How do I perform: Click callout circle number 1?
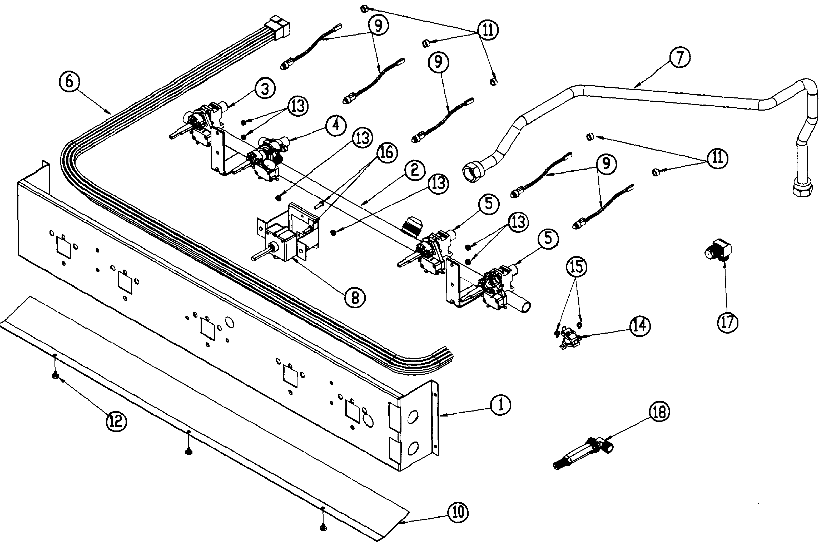point(500,405)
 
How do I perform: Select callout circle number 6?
point(69,82)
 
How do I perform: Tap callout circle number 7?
point(680,58)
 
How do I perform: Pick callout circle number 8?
point(355,298)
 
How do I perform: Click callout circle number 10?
point(458,512)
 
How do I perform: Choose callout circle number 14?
point(639,326)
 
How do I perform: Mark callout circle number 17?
point(727,322)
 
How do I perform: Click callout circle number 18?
point(659,412)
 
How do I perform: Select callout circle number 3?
point(265,89)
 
